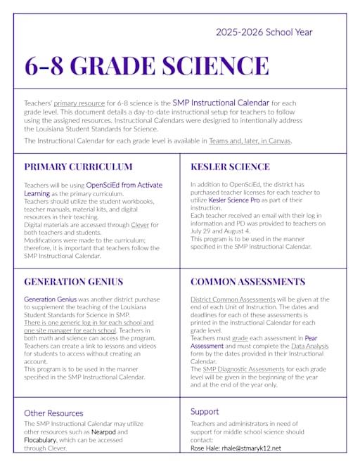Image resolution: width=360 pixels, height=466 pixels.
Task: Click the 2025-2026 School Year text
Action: point(264,32)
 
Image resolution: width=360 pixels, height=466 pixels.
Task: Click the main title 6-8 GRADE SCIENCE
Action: point(146,65)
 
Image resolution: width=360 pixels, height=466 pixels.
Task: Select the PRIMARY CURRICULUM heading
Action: point(78,167)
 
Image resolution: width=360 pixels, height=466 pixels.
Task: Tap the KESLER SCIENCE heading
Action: point(230,167)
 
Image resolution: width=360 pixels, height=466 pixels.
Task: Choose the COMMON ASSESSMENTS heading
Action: point(247,281)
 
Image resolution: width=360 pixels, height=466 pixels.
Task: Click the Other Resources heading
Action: point(53,413)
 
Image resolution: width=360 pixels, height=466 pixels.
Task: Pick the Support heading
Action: point(205,410)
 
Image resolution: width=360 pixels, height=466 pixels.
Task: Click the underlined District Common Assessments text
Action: point(231,299)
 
